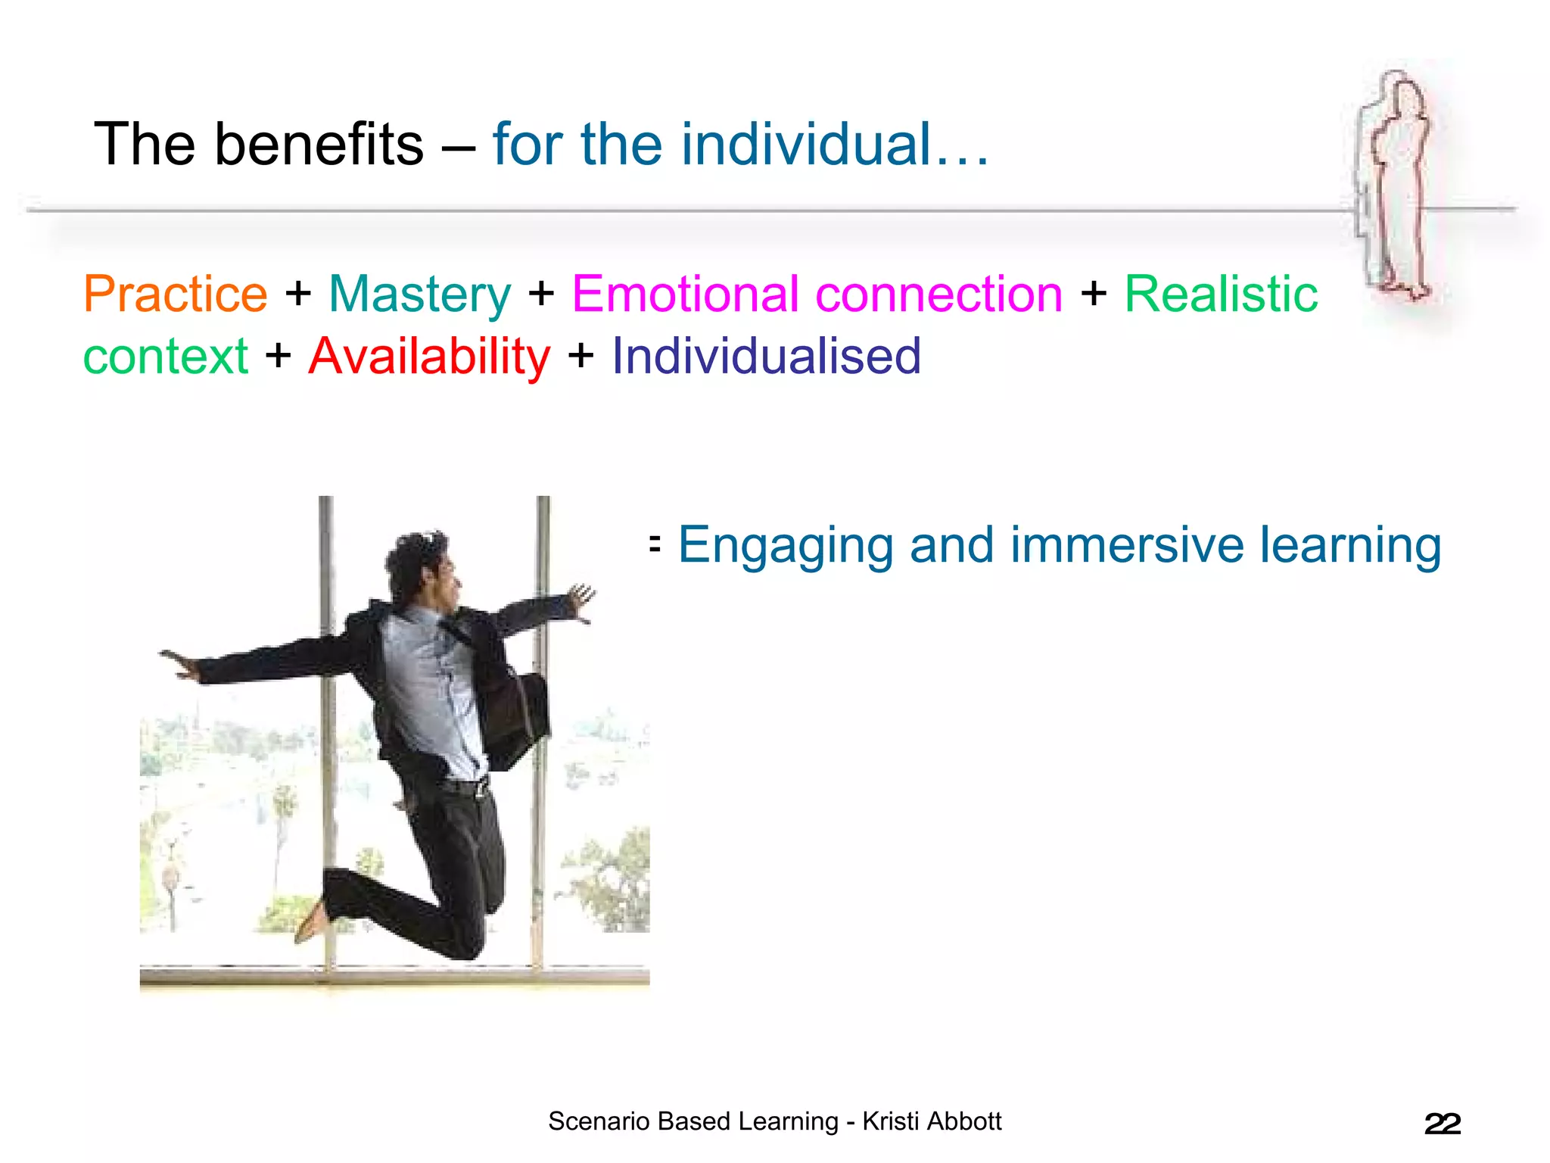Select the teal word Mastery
point(420,295)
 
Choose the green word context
point(165,357)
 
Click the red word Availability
point(429,357)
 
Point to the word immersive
point(1127,544)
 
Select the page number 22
point(1442,1124)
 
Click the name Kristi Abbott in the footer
point(932,1121)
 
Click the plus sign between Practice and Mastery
point(298,294)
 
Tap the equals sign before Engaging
point(655,543)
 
